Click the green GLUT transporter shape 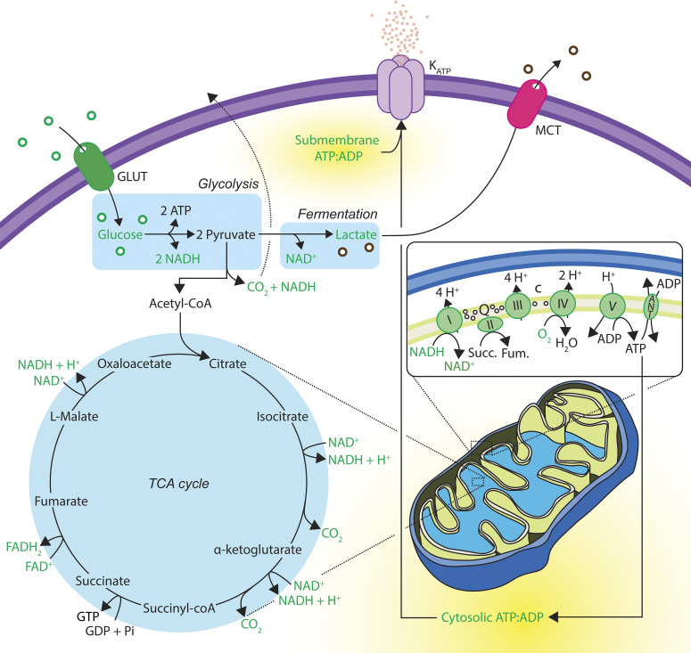click(x=94, y=166)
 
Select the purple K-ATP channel click(x=400, y=88)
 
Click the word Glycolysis click(x=228, y=184)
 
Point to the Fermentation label click(x=338, y=214)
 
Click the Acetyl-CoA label click(x=180, y=304)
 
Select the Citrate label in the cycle click(x=227, y=363)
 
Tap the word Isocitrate click(x=282, y=416)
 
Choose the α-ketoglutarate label click(x=258, y=550)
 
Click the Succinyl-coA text click(x=179, y=608)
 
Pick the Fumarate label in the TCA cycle click(x=62, y=501)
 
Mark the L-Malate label click(x=74, y=416)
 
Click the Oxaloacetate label click(x=135, y=363)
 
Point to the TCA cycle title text click(x=178, y=484)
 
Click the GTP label click(x=87, y=616)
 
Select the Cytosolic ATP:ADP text click(x=492, y=617)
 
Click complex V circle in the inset click(x=613, y=306)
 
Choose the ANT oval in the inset click(x=651, y=306)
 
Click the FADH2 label click(x=24, y=547)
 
